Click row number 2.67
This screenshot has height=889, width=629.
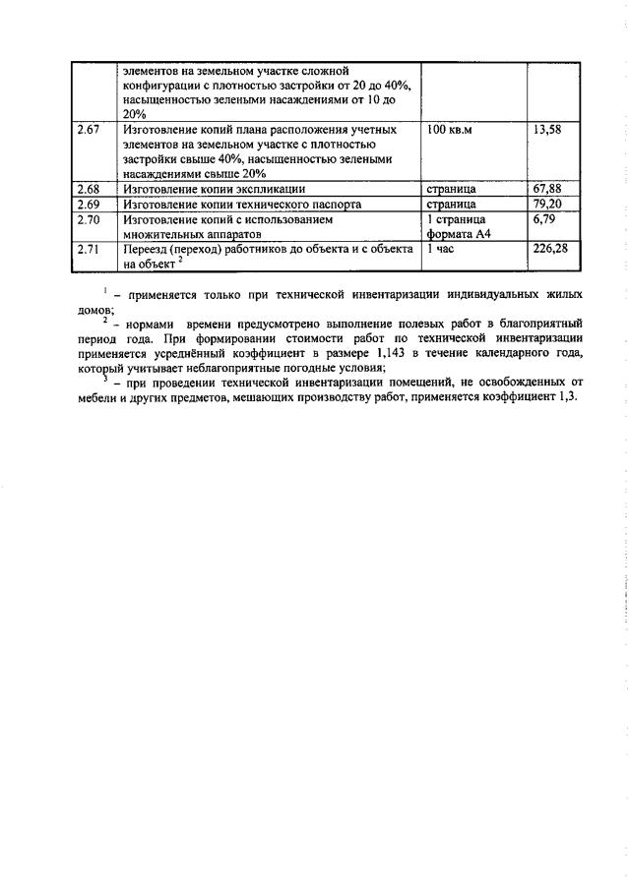click(89, 130)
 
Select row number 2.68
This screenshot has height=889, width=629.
click(89, 187)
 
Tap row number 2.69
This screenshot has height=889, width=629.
click(89, 204)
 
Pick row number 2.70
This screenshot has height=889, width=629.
click(89, 219)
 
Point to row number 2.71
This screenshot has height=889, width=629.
click(89, 250)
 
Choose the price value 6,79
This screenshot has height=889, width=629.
click(543, 219)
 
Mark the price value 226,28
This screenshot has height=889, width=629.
click(550, 250)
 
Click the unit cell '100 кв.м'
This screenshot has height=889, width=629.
click(450, 130)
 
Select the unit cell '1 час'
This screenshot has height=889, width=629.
click(440, 250)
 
